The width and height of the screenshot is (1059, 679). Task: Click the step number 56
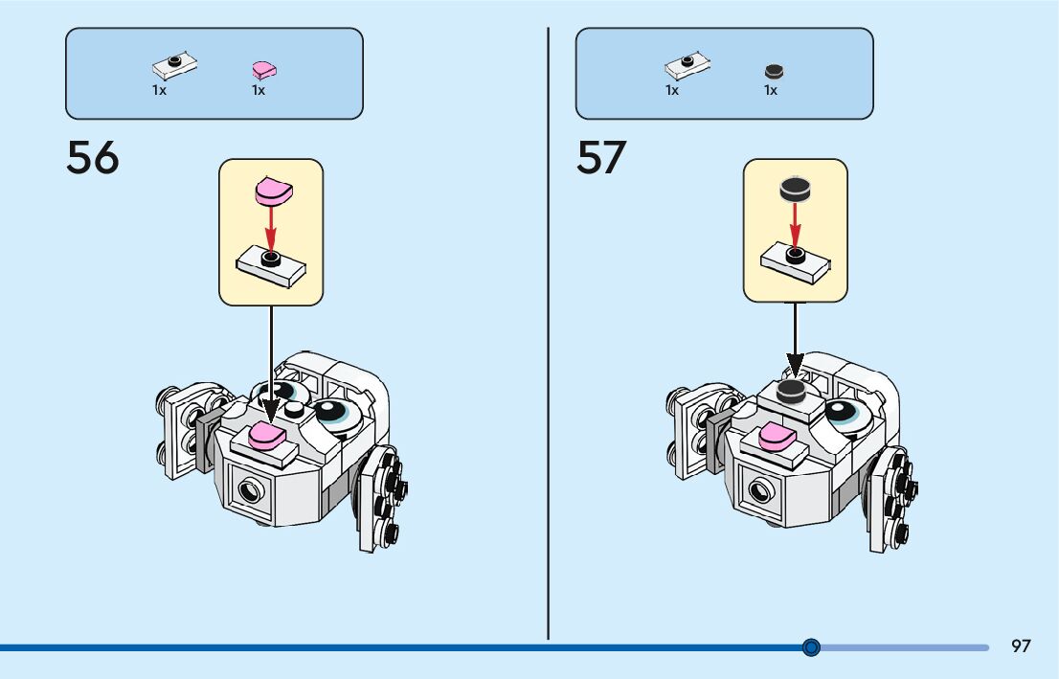click(x=93, y=158)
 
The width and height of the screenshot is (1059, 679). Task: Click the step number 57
click(x=601, y=158)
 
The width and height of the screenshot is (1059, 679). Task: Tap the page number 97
click(x=1021, y=646)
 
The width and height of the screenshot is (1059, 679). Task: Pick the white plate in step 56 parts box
click(x=175, y=66)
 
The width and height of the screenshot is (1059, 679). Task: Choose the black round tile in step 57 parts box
click(x=774, y=71)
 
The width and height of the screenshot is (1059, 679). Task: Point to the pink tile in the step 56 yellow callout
click(x=271, y=191)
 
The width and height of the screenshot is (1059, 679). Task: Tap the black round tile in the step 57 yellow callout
click(x=795, y=190)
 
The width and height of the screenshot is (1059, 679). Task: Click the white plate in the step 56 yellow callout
click(x=271, y=263)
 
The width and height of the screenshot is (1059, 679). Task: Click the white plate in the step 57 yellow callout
click(x=795, y=260)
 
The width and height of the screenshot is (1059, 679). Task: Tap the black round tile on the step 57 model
click(x=791, y=390)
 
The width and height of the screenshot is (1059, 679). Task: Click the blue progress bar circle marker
click(x=811, y=647)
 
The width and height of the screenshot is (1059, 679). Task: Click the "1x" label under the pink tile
click(x=259, y=91)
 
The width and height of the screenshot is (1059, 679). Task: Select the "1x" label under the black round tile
click(x=771, y=91)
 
